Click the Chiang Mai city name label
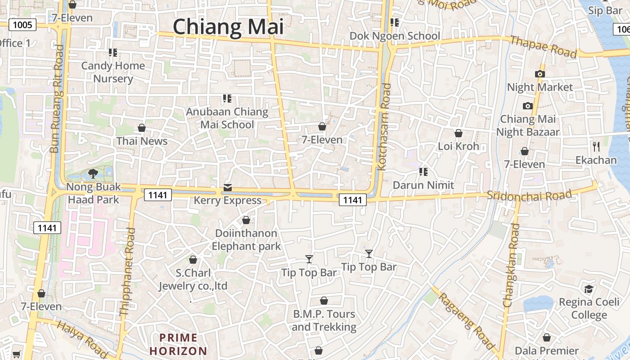[x=228, y=27]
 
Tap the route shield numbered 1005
[x=22, y=24]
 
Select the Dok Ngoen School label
[x=395, y=36]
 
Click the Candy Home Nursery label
[x=113, y=72]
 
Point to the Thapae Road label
[x=543, y=47]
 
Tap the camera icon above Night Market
[x=540, y=74]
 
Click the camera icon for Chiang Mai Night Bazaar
[x=527, y=106]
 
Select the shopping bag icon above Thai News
[x=142, y=128]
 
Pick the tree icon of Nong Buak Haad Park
[x=93, y=173]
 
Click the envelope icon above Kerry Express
[x=228, y=187]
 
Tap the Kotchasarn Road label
[x=384, y=126]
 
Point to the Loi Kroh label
[x=458, y=146]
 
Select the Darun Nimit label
[x=423, y=185]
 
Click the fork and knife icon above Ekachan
[x=596, y=146]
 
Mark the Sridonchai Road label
[x=529, y=196]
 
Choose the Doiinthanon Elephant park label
[x=246, y=240]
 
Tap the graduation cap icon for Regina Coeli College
[x=589, y=289]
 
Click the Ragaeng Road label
[x=467, y=320]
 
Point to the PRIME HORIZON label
[x=179, y=344]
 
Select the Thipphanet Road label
[x=127, y=271]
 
